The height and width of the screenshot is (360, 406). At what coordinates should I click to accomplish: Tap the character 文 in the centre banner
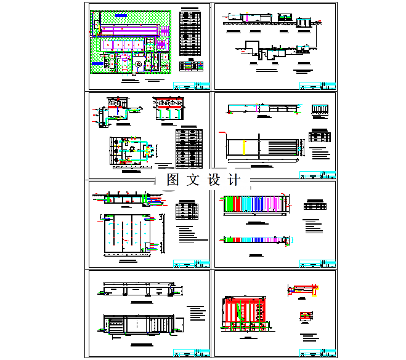[x=193, y=180]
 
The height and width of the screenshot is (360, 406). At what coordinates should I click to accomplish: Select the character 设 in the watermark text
[x=213, y=180]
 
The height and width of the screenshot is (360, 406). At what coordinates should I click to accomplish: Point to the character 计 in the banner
[x=233, y=180]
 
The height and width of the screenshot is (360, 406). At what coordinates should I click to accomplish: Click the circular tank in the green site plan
[x=139, y=63]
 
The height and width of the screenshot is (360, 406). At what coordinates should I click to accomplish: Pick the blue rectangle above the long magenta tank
[x=121, y=14]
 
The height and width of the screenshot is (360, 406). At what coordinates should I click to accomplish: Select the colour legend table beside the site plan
[x=191, y=66]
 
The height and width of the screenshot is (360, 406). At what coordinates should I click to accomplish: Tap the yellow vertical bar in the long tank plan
[x=245, y=148]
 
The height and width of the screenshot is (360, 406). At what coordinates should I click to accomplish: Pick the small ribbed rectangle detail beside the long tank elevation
[x=319, y=110]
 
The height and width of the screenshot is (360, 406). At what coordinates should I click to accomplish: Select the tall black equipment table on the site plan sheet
[x=190, y=33]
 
